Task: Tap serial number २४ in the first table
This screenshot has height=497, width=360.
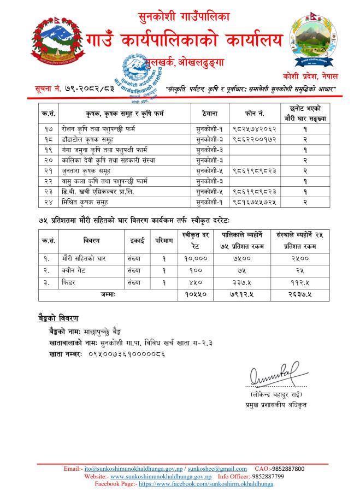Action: point(46,202)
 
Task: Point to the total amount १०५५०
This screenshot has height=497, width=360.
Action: point(192,294)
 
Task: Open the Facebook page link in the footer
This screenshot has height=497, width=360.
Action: point(205,484)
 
